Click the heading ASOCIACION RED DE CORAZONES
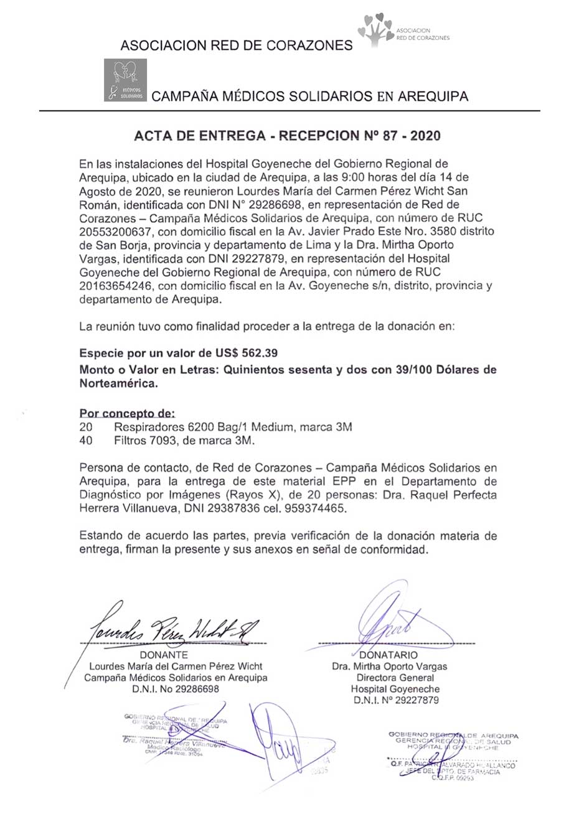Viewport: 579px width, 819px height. coord(236,45)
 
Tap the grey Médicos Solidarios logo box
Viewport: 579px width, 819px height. coord(125,80)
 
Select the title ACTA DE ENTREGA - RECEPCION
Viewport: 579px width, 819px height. coord(289,135)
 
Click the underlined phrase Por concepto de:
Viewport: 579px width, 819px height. coord(128,414)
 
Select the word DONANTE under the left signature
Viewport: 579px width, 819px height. coord(164,655)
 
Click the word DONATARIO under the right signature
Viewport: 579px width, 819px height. coord(389,655)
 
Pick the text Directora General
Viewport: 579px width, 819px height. coord(395,678)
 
